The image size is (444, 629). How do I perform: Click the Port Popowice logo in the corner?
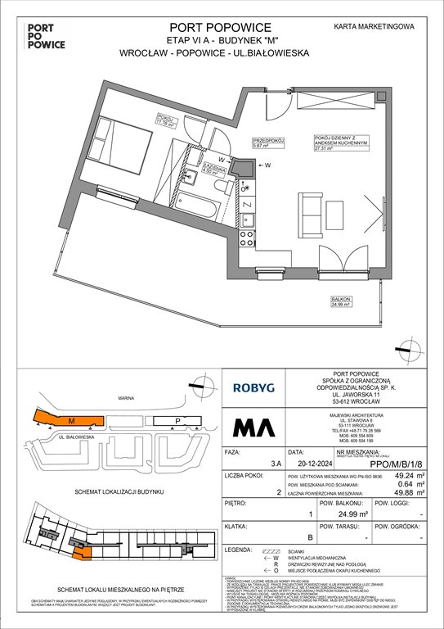pos(30,36)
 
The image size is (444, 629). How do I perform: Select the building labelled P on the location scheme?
pos(178,421)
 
